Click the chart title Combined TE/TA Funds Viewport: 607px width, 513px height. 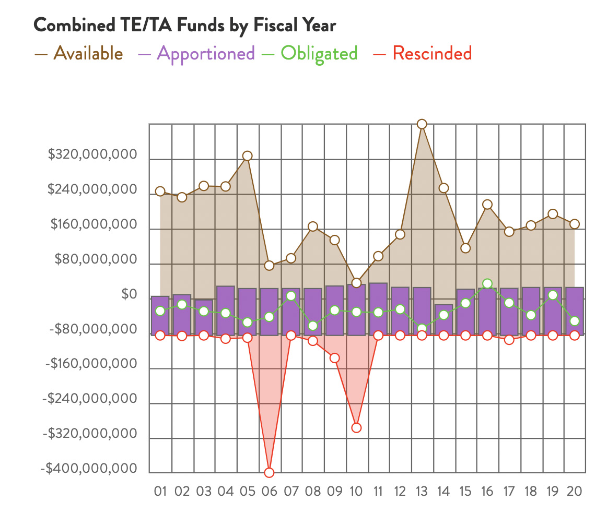(x=184, y=25)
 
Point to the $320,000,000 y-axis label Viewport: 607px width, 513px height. (x=92, y=155)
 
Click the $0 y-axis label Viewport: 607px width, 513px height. (x=129, y=295)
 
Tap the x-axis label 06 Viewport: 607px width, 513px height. (x=269, y=491)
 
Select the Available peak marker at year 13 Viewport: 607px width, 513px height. (x=422, y=124)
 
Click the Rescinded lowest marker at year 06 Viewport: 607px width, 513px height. (x=269, y=473)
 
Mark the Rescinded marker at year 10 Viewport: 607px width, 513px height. (x=356, y=428)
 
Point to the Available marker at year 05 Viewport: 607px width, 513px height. (x=248, y=156)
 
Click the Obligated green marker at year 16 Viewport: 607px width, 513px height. (x=487, y=284)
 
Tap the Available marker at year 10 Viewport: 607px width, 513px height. (x=356, y=283)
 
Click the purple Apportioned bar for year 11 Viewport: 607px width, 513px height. (x=378, y=308)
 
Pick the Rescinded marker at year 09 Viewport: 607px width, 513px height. (x=335, y=358)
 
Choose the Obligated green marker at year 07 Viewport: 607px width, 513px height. (x=291, y=296)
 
